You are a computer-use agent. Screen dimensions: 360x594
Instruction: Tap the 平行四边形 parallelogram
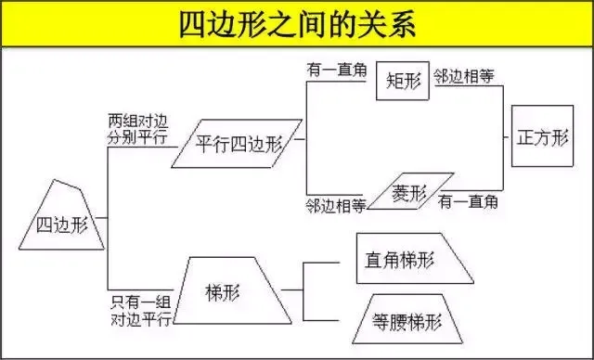(x=238, y=144)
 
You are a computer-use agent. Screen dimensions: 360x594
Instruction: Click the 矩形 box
(x=403, y=82)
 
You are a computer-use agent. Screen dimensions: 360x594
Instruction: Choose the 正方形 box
(x=540, y=136)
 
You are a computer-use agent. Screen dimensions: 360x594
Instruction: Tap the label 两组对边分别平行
(x=137, y=128)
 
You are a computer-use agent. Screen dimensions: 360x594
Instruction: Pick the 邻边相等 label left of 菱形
(x=336, y=204)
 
